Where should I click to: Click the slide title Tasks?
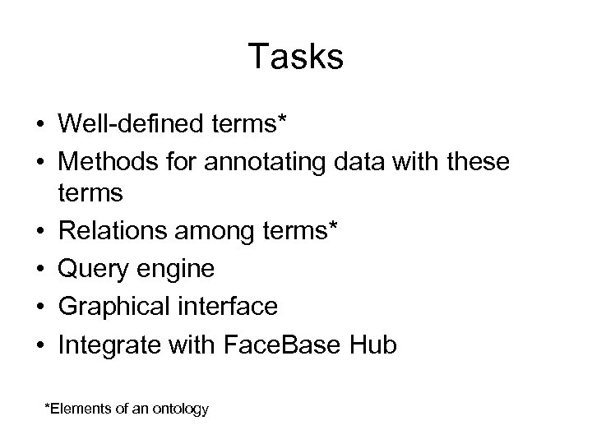click(x=295, y=58)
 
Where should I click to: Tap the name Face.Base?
click(x=271, y=345)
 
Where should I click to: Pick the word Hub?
click(x=372, y=345)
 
